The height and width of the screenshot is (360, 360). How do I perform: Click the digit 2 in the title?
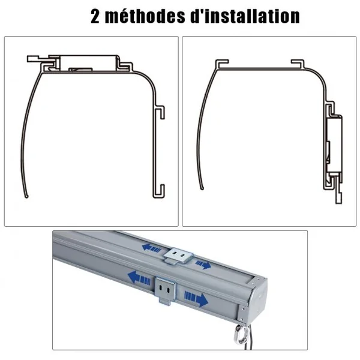(95, 17)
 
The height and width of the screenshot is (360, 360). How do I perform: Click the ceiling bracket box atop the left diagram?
(89, 63)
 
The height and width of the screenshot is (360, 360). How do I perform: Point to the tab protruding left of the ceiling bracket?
(34, 59)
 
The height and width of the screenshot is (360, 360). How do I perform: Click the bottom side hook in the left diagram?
(159, 191)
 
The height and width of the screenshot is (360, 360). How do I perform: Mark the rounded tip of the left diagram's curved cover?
(26, 196)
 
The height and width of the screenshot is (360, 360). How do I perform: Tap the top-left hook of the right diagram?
(222, 63)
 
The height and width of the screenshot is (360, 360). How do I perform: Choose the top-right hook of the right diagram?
(298, 63)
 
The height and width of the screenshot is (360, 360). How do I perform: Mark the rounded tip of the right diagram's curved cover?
(202, 188)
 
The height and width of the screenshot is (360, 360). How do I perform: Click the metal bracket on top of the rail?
(178, 256)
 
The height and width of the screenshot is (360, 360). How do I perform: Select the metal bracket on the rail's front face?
(166, 290)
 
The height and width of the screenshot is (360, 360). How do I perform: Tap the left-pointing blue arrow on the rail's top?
(152, 248)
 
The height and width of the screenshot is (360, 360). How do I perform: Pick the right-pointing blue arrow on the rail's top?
(203, 265)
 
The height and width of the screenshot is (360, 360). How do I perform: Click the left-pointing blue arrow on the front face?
(139, 278)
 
